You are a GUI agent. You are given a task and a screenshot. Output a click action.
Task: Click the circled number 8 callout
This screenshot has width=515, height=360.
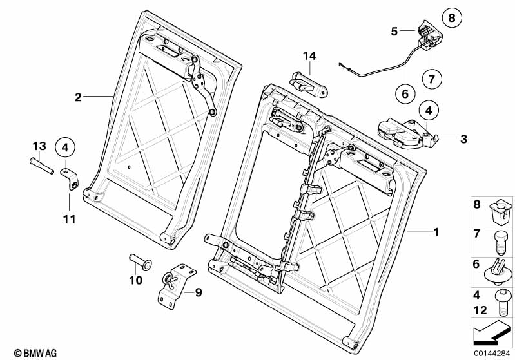452,17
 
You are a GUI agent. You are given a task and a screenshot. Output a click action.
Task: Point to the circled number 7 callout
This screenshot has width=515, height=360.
432,79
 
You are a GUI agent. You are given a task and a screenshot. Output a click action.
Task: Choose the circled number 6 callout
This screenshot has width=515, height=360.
405,94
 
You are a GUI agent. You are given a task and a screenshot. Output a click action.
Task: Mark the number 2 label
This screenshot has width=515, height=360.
78,97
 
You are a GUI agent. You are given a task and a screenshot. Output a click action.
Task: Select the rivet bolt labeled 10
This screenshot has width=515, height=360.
139,260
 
